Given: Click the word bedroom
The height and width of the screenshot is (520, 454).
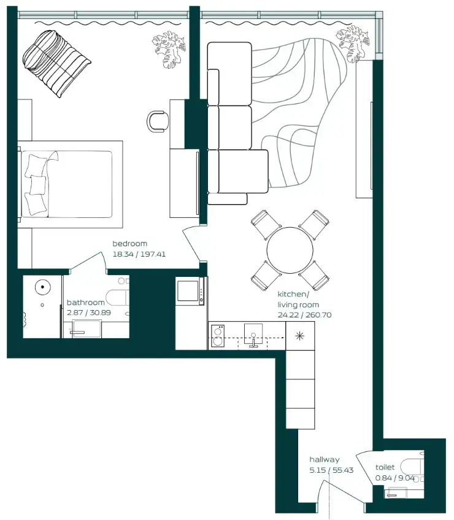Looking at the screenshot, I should tap(129, 244).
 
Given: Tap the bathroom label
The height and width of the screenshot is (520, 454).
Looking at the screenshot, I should tap(85, 303).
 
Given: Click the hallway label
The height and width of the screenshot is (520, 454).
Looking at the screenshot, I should tap(324, 459).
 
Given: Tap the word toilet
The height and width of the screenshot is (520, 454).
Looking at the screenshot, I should tap(385, 468).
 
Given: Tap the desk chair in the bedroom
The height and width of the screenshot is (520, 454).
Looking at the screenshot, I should tap(158, 120).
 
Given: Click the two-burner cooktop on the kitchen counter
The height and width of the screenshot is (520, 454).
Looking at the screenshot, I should tap(218, 335).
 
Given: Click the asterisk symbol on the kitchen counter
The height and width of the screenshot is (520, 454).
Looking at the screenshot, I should tap(299, 336).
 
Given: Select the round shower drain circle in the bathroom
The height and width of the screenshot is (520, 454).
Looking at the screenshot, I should tap(42, 287).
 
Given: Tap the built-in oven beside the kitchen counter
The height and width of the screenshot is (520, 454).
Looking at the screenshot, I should tap(190, 292).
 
